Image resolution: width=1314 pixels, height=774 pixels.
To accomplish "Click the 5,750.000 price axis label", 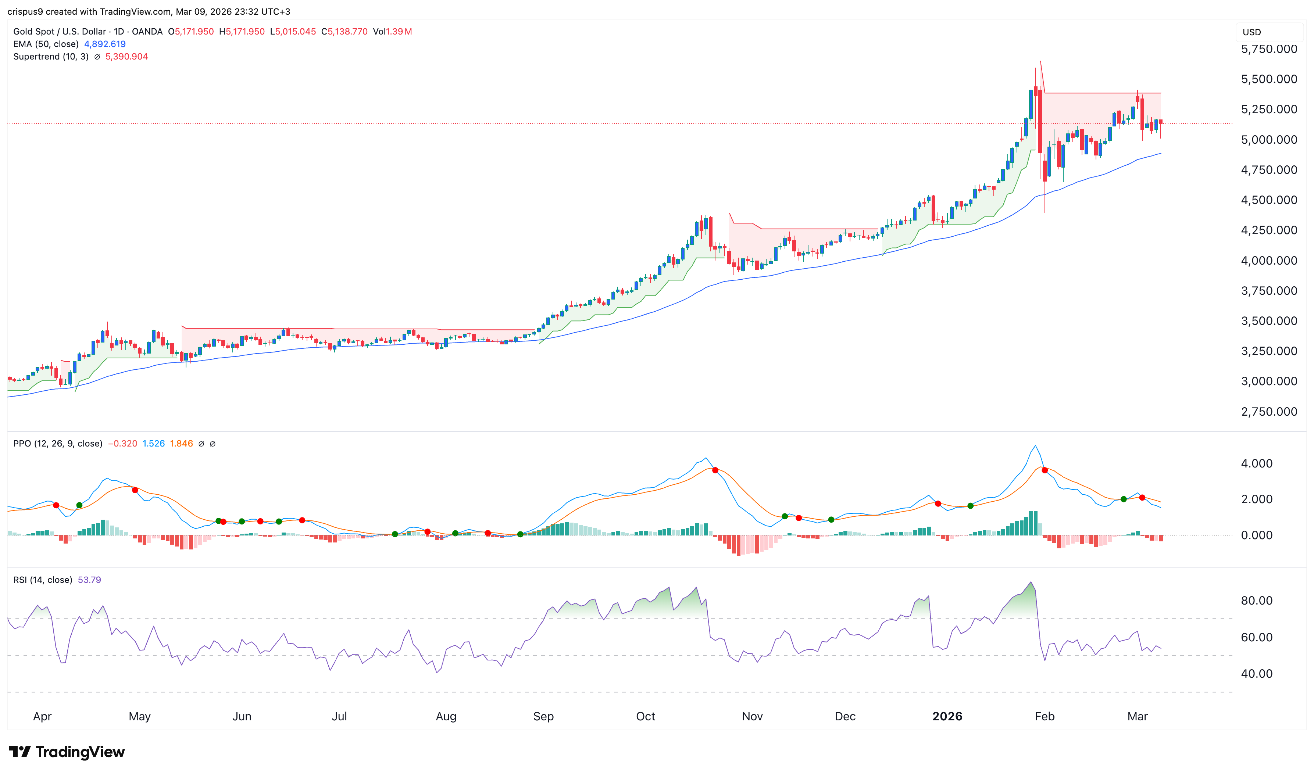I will tap(1269, 49).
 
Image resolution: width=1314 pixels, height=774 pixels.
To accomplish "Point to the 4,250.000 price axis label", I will tap(1269, 230).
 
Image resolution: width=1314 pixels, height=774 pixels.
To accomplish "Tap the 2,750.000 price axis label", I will tap(1269, 412).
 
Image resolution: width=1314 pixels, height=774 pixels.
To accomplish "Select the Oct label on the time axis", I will tap(645, 716).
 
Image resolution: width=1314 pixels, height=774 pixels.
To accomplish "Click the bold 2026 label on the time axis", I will tap(947, 716).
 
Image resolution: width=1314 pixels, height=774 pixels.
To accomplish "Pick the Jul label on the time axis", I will tap(339, 716).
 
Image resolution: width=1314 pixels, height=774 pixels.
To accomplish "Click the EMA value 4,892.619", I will tap(105, 44).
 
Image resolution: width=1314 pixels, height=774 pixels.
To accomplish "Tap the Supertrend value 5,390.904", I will tap(127, 56).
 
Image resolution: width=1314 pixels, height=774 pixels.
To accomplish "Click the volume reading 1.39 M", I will tap(399, 31).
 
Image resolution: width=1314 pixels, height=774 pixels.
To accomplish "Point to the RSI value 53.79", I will tap(89, 580).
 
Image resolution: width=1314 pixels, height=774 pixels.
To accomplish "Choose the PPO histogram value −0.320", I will tap(122, 443).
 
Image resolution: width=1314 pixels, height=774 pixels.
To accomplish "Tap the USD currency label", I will tap(1251, 32).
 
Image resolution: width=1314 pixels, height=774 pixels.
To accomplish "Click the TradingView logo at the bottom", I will tap(67, 752).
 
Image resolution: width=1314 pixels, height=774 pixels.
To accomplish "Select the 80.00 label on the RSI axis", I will tap(1257, 600).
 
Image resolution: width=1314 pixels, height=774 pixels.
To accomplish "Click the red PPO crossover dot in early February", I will tap(1044, 470).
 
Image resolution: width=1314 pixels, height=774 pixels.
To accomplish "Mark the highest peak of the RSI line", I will tap(1030, 582).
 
